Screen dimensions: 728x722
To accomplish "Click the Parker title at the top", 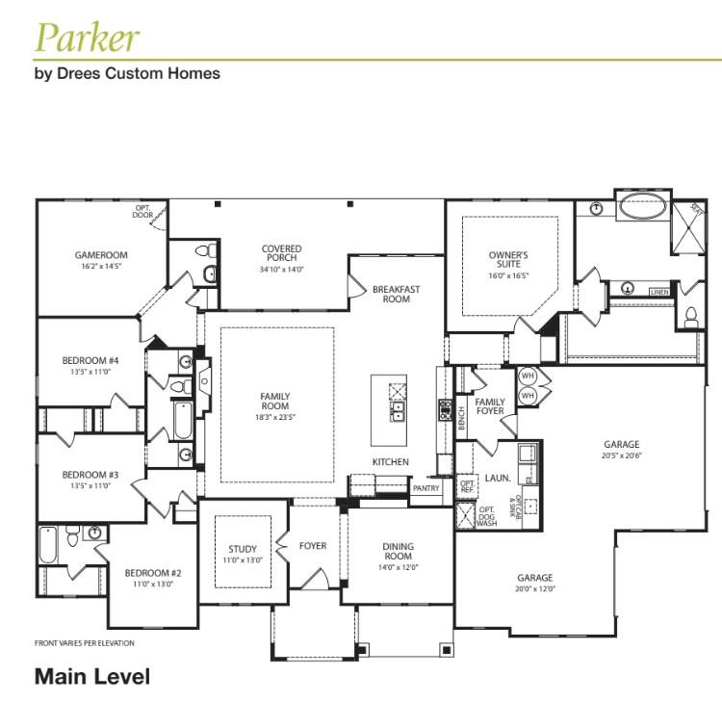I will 87,38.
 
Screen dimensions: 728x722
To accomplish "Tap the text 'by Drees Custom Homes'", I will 127,73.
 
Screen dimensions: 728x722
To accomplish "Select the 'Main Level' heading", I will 92,677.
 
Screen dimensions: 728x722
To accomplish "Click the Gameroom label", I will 101,255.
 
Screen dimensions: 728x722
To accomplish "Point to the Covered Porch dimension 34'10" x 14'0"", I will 281,271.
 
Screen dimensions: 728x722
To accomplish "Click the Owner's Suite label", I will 508,260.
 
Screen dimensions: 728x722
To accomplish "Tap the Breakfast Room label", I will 396,294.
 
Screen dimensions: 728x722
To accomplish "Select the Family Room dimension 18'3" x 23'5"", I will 274,418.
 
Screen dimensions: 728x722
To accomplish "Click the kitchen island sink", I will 397,412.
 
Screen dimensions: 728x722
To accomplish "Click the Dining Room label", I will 398,551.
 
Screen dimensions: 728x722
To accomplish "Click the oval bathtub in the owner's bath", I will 642,207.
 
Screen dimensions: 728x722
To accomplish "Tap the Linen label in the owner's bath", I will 658,291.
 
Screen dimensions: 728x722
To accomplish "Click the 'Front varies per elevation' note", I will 85,643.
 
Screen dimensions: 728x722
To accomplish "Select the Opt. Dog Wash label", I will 487,516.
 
